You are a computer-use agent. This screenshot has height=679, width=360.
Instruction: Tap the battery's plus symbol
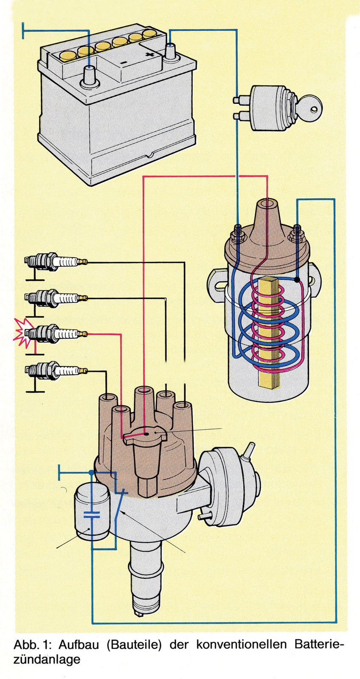pos(148,55)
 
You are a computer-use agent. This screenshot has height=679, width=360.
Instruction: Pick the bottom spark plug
pos(55,370)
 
